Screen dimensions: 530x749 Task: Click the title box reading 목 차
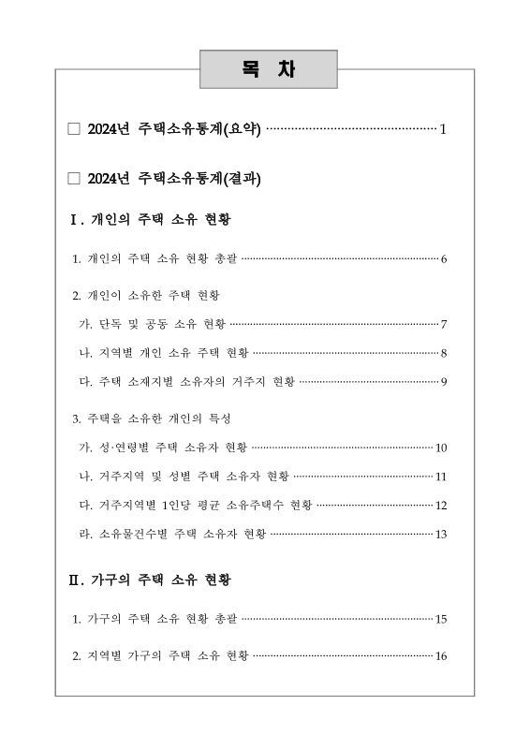pos(268,70)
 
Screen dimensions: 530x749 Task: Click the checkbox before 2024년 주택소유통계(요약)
pos(75,128)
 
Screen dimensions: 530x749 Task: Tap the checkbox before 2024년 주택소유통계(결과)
pos(75,178)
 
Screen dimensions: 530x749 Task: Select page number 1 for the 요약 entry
pos(443,128)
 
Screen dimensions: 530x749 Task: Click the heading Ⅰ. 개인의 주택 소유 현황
pos(151,221)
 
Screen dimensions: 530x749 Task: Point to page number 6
pos(443,258)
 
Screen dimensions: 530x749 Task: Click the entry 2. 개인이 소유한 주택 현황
pos(146,296)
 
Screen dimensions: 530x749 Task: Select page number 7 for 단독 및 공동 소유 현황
pos(443,325)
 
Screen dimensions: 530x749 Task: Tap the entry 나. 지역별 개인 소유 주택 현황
pos(165,353)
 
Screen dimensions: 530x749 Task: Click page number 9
pos(443,382)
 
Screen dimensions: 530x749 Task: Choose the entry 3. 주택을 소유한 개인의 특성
pos(152,418)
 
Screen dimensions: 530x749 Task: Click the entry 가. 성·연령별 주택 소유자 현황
pos(165,448)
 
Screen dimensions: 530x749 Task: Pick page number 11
pos(441,477)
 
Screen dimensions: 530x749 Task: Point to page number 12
pos(441,506)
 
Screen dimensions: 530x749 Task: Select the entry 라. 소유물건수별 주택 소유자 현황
pos(174,535)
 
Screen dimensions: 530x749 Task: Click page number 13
pos(441,535)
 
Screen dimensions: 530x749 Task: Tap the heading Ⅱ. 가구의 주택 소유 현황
pos(151,580)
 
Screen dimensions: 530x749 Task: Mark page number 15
pos(441,619)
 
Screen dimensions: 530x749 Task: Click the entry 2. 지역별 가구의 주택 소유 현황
pos(161,656)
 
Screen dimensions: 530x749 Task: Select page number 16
pos(441,656)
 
